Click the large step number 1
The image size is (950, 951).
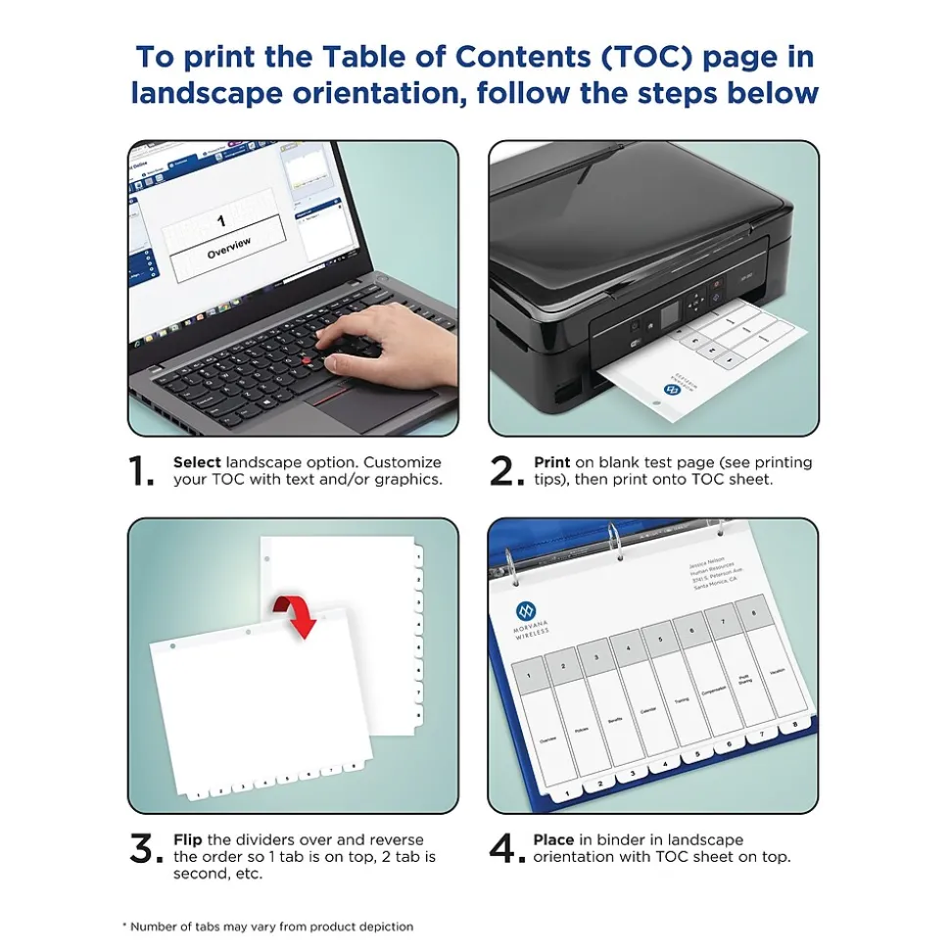[x=143, y=472]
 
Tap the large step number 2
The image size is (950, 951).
[x=506, y=472]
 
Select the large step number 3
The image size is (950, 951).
[x=146, y=849]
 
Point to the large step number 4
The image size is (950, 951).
[x=507, y=849]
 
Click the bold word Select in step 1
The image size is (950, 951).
[x=197, y=462]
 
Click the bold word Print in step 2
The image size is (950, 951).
[x=551, y=462]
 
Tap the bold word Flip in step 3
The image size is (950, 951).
[x=188, y=839]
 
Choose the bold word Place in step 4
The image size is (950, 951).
[x=553, y=839]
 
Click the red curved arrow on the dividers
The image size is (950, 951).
[x=299, y=613]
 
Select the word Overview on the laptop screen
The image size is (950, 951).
[x=229, y=248]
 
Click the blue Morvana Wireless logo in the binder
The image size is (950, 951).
[x=526, y=612]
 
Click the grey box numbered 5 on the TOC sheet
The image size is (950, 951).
[x=659, y=641]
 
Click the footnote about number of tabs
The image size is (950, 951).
[x=267, y=926]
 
